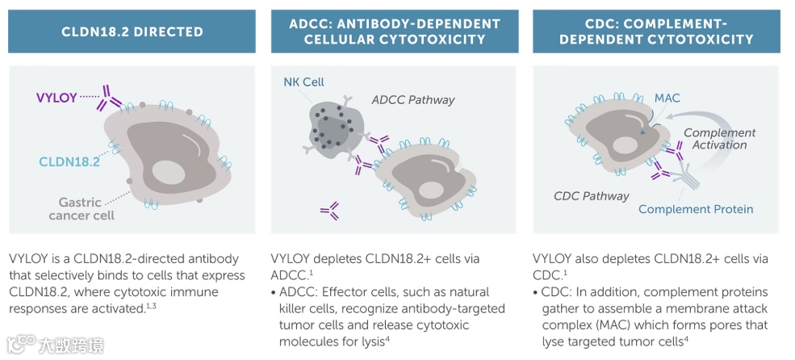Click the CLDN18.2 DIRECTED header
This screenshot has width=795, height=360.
(132, 31)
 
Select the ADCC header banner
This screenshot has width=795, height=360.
(395, 31)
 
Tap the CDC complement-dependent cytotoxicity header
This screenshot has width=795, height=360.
(656, 31)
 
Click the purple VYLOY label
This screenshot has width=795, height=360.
(56, 98)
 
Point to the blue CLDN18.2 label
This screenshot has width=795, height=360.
(69, 161)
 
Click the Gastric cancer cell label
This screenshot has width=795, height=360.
(82, 209)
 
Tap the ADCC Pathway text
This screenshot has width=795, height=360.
(412, 100)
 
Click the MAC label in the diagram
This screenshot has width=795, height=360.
(667, 98)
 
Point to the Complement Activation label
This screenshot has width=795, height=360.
(719, 139)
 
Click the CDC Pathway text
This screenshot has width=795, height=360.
(592, 195)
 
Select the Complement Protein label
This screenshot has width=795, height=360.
(695, 209)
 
